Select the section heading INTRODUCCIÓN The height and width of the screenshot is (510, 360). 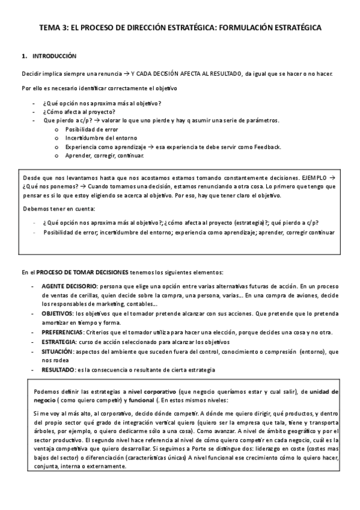(55, 56)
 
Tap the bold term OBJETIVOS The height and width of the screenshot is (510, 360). (57, 314)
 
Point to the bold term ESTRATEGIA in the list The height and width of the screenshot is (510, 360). (58, 342)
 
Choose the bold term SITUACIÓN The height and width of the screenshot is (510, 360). (57, 351)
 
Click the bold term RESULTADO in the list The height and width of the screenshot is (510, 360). (58, 369)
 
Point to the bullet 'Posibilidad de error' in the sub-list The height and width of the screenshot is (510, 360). (91, 129)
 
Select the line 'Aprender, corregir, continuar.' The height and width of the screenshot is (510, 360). (105, 156)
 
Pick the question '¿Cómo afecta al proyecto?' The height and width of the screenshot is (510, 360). (79, 112)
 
